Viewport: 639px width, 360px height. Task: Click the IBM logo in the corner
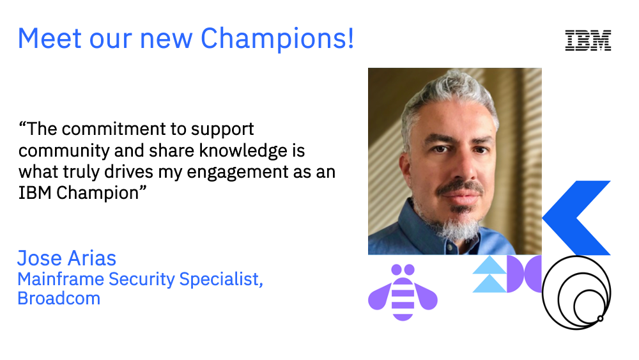pyautogui.click(x=588, y=40)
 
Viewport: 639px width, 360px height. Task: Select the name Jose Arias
pyautogui.click(x=67, y=258)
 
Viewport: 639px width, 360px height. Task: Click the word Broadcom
pyautogui.click(x=59, y=298)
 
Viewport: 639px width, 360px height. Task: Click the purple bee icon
pyautogui.click(x=403, y=292)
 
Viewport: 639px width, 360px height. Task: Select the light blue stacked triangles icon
pyautogui.click(x=489, y=274)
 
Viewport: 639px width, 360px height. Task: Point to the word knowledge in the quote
pyautogui.click(x=213, y=150)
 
